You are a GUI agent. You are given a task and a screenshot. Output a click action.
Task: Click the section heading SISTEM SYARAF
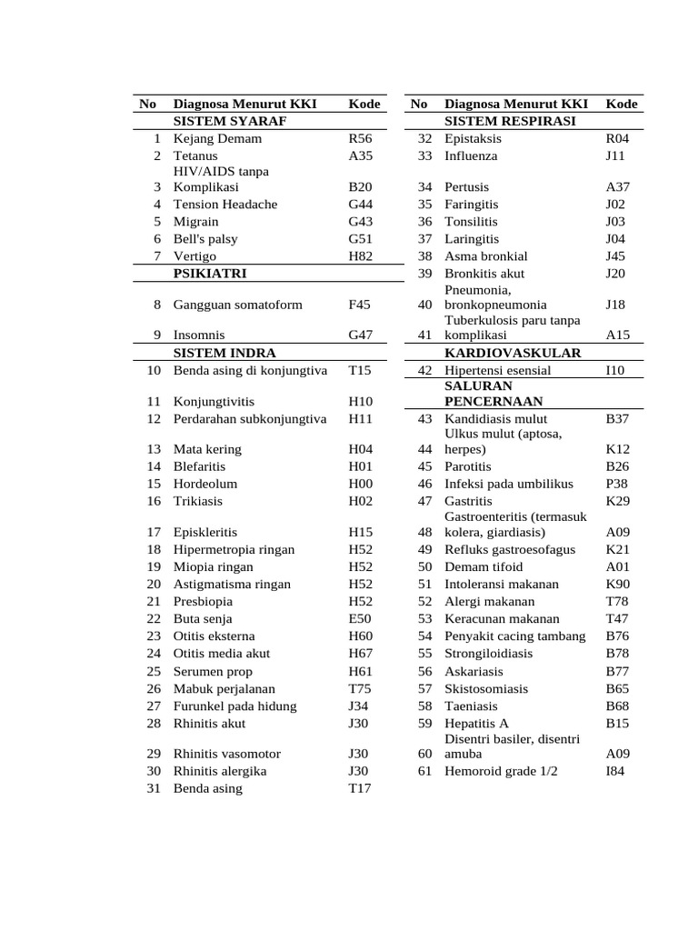230,121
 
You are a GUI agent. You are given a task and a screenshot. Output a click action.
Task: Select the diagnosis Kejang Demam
217,139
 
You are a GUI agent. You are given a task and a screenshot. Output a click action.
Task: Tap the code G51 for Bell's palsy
360,239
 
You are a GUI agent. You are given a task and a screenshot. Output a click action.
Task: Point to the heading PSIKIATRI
210,273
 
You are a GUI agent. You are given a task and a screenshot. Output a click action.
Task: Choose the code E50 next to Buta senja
360,619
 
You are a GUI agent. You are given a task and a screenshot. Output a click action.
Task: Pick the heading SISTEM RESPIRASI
510,121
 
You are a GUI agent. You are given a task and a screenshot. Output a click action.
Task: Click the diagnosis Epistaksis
473,139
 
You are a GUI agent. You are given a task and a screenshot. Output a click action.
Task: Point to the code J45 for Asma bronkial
615,256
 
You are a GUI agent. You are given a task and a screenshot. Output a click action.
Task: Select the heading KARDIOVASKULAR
513,353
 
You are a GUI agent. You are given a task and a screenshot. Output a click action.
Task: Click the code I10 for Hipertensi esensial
615,371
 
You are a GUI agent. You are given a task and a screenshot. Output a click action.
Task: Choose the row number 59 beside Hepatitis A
424,724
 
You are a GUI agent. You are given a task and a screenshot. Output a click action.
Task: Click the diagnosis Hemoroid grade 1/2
501,772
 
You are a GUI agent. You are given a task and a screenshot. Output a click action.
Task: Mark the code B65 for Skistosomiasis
617,689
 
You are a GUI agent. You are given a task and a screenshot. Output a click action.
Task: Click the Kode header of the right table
621,105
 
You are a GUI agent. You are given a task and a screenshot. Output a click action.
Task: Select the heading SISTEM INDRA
224,353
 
